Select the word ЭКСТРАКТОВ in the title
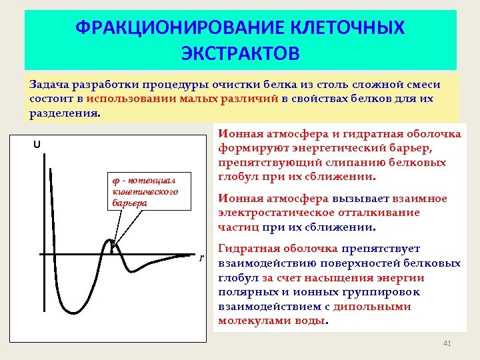click(x=240, y=53)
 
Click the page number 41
click(x=447, y=343)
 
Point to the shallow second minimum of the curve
click(x=137, y=271)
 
